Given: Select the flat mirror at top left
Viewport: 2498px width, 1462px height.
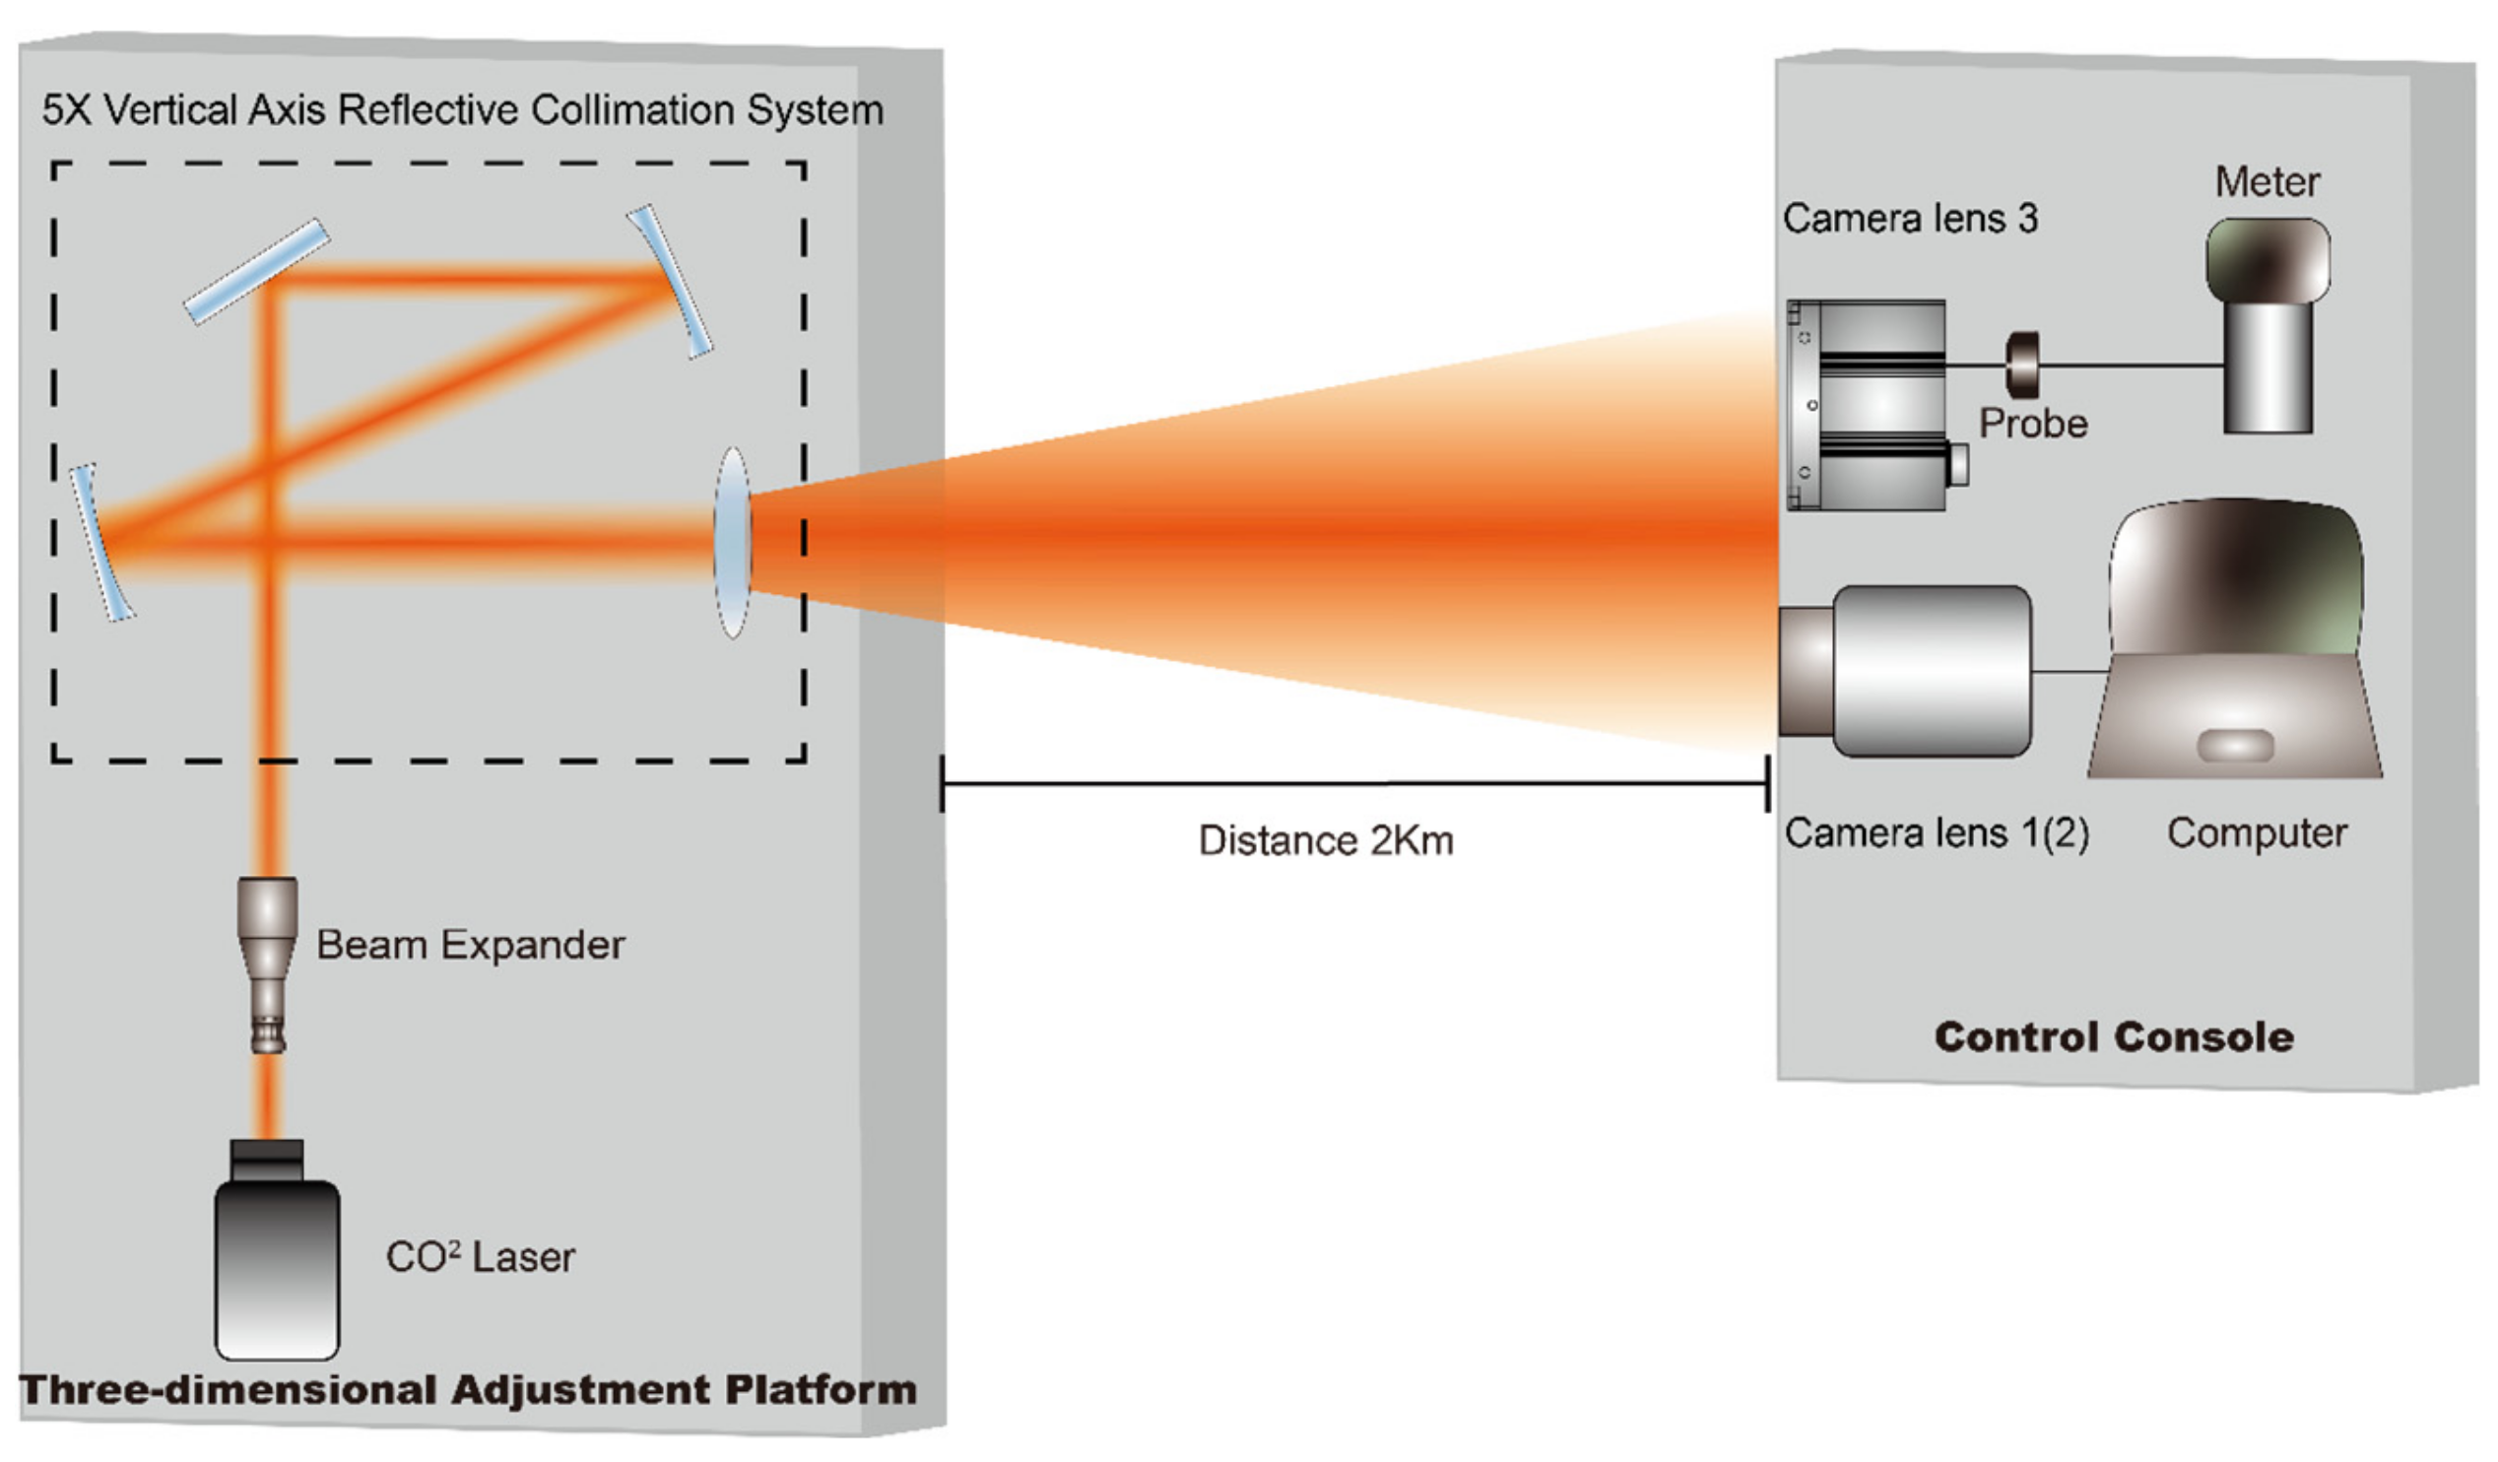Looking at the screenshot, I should (257, 271).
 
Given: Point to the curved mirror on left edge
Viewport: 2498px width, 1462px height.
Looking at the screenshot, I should (100, 542).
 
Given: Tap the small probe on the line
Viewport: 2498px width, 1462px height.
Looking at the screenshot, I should (2022, 364).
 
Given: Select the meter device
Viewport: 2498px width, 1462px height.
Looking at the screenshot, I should (2268, 327).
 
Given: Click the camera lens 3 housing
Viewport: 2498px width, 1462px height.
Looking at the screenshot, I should (1868, 404).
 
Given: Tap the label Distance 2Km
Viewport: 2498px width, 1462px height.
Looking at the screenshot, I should (1325, 840).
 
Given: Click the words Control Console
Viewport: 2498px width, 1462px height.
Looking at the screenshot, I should (2114, 1036).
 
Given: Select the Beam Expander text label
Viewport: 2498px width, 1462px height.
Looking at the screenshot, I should (470, 945).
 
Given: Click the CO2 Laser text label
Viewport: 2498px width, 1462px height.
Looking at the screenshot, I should (480, 1257).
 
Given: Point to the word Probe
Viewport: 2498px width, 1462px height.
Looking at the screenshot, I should (2033, 424).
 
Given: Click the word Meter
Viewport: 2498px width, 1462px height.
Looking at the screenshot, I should (2268, 182).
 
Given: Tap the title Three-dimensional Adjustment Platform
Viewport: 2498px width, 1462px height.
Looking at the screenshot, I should (468, 1390).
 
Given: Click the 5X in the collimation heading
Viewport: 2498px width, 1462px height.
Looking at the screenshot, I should (66, 110).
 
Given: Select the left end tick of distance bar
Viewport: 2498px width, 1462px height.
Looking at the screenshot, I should (943, 783).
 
